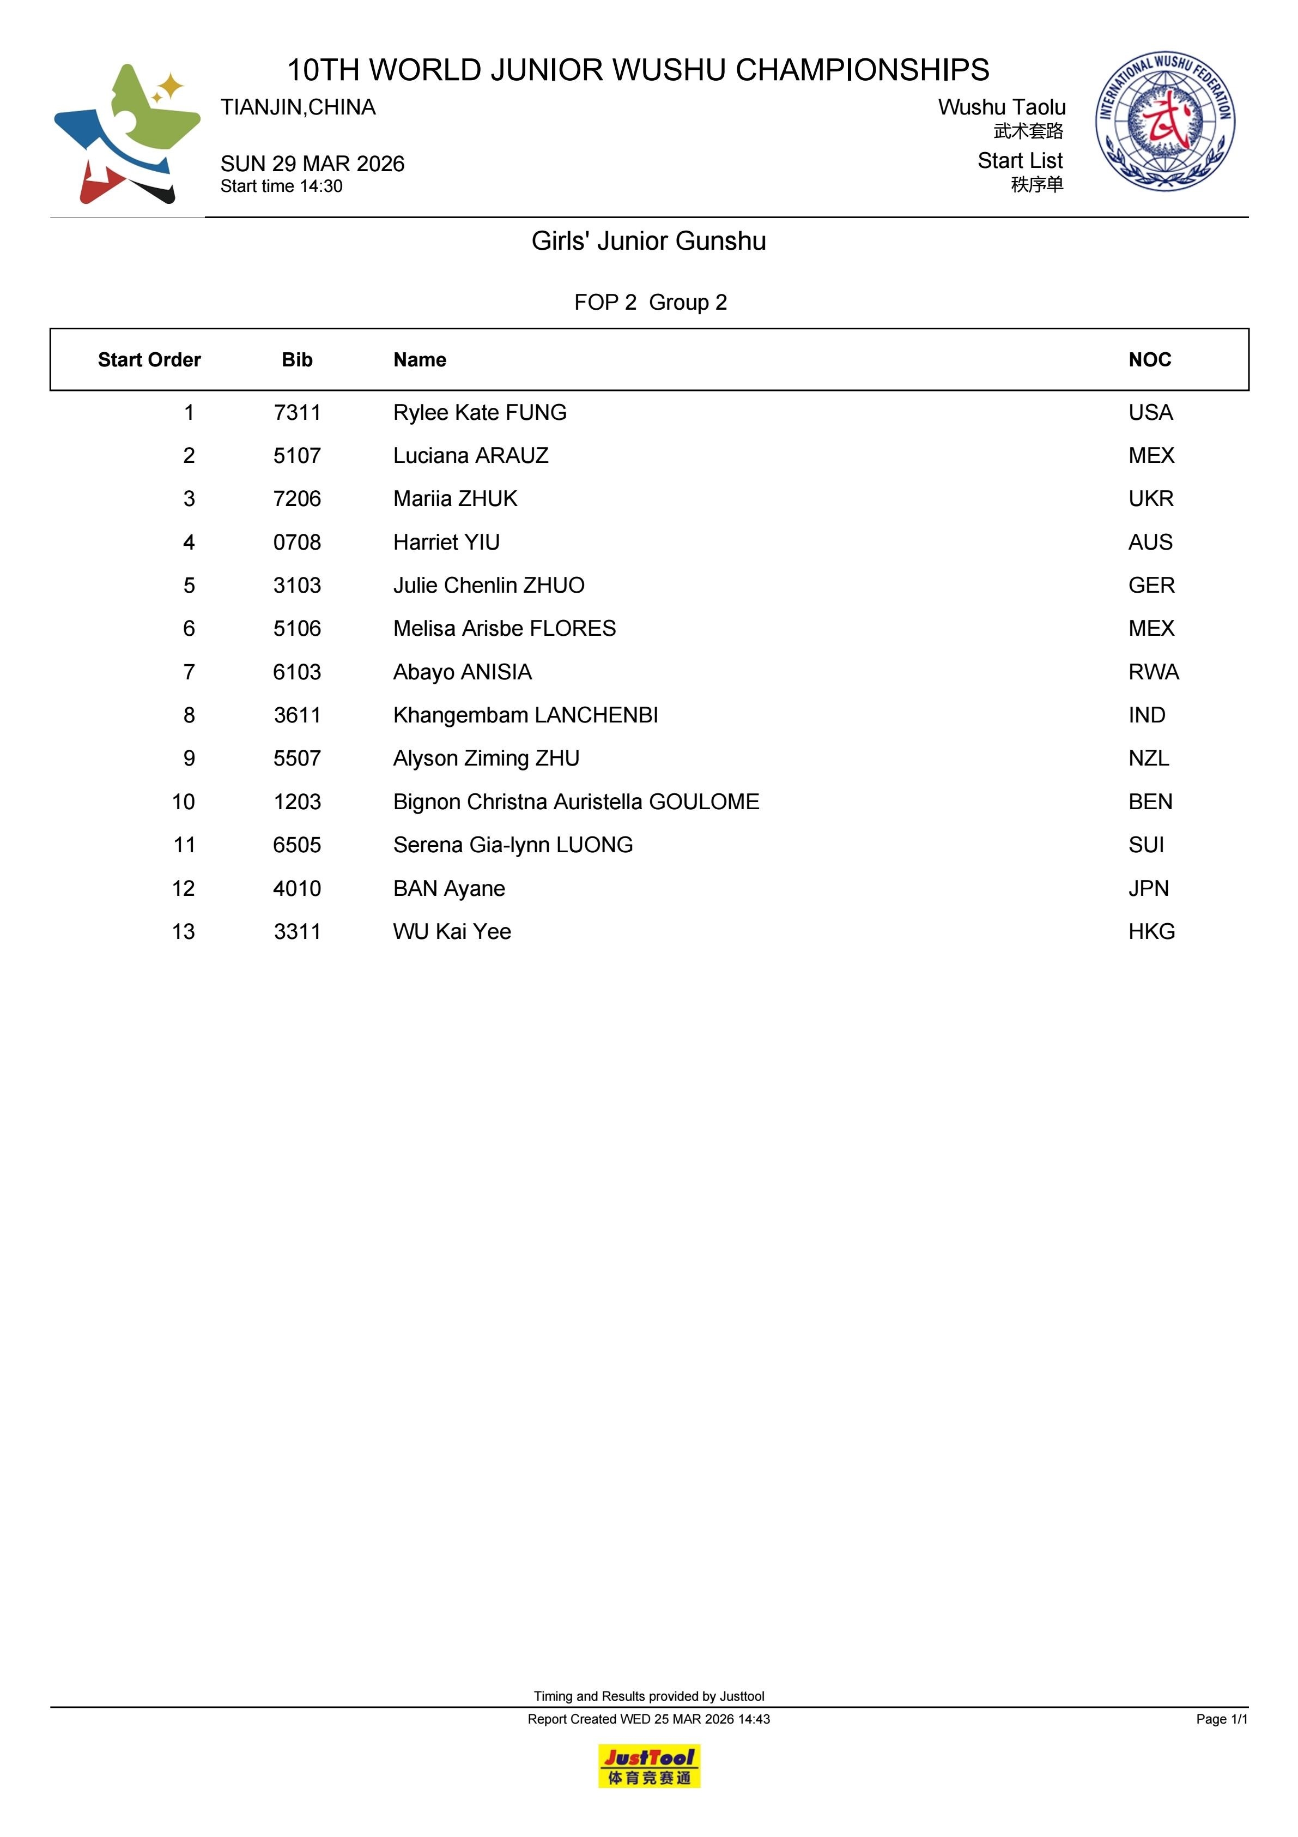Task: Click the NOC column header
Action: point(1149,360)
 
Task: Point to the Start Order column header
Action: point(149,360)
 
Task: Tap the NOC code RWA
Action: point(1153,672)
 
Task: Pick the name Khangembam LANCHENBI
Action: point(525,715)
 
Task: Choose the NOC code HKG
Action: point(1151,931)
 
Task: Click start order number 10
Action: point(183,802)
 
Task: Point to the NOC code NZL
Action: point(1149,758)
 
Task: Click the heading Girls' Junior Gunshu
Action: point(648,241)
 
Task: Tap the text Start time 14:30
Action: point(282,186)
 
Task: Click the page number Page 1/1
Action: point(1221,1719)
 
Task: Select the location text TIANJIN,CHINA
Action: point(298,107)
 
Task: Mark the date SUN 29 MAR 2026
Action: point(313,164)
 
